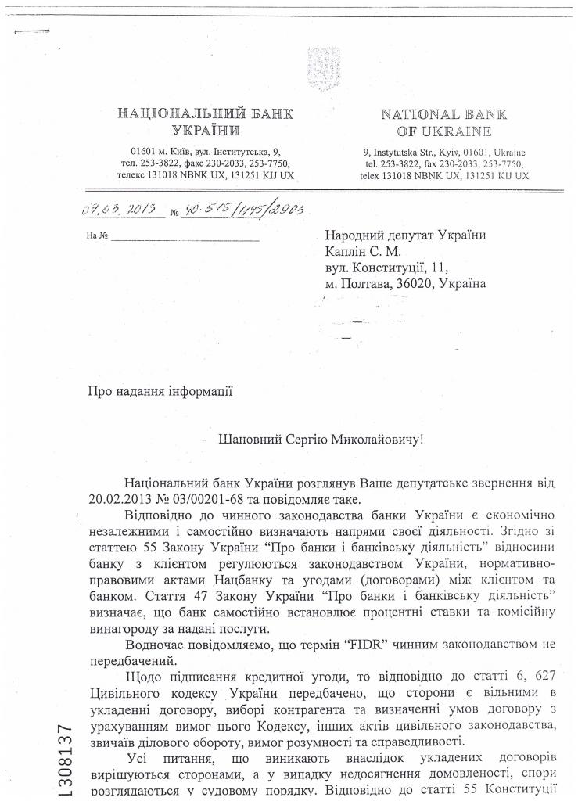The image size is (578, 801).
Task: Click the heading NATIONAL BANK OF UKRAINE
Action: (x=443, y=122)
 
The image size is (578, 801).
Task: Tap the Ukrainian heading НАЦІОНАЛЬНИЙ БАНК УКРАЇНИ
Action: (x=206, y=122)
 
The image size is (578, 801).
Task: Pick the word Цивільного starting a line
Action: (x=124, y=694)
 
